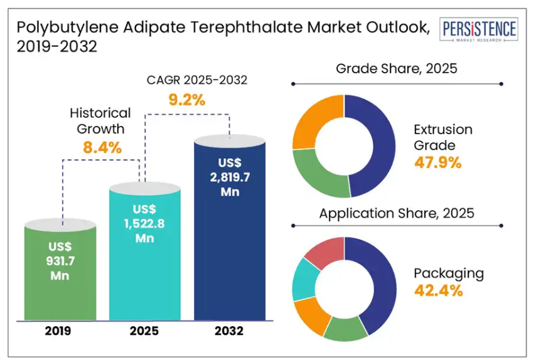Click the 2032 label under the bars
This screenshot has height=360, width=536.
229,331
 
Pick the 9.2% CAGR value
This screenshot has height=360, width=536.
189,98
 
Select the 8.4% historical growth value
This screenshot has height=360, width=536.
102,148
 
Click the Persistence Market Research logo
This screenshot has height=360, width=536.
480,30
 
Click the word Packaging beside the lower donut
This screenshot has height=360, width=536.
449,273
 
